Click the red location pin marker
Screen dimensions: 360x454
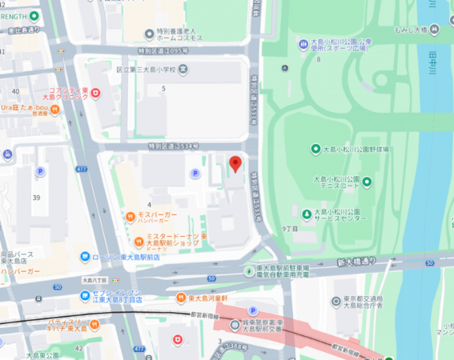(x=235, y=164)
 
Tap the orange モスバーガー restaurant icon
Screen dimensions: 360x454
(x=130, y=216)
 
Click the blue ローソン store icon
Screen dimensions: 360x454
(x=85, y=257)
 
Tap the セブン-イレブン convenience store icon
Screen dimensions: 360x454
(x=84, y=297)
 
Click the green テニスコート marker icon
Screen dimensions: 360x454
(x=368, y=182)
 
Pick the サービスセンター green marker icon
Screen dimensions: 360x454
(x=307, y=214)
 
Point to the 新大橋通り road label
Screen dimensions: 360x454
(x=356, y=262)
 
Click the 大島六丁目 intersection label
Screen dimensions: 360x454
(x=99, y=281)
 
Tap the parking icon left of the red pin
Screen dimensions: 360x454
(x=194, y=174)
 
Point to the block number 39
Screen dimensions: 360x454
(x=36, y=198)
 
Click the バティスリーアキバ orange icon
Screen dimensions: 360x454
(x=94, y=323)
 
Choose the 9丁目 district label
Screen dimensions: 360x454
(x=290, y=230)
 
